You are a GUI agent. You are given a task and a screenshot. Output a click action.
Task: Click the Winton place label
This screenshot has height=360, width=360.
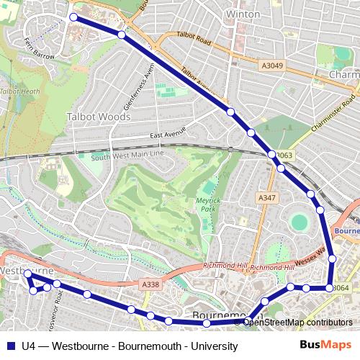coord(243,14)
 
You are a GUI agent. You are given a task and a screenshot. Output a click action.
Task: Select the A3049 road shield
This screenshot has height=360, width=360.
coord(271,66)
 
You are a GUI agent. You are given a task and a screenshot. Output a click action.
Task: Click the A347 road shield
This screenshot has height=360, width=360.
coord(266,197)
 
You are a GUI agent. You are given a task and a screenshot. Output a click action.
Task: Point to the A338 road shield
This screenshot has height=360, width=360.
coord(150,285)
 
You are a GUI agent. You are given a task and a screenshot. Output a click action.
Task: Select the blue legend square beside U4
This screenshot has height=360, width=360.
coord(10,346)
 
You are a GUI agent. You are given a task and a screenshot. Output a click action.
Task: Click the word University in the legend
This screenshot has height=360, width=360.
coord(214,346)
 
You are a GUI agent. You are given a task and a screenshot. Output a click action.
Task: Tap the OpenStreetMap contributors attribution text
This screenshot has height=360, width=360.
coord(297,323)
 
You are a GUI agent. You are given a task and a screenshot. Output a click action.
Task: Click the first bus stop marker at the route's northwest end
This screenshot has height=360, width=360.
coord(73,17)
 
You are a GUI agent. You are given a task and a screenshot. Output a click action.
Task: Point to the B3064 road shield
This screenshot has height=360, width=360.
coord(341,289)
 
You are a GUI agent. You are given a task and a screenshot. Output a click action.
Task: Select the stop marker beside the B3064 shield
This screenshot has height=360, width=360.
coord(329,288)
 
